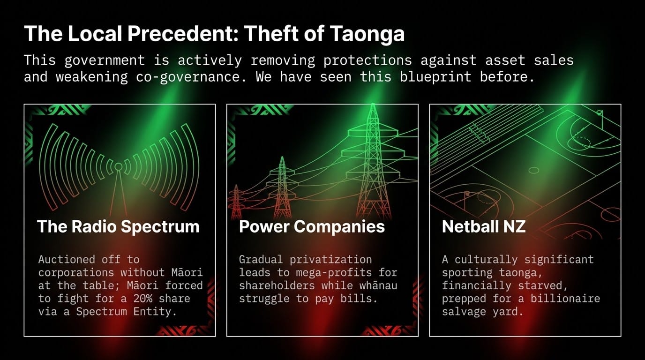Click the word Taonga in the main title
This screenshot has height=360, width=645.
(x=367, y=34)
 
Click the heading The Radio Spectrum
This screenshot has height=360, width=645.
(x=118, y=227)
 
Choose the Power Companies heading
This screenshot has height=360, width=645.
(x=312, y=227)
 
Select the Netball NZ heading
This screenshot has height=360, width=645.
(x=484, y=226)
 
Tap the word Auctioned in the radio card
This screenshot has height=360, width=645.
(x=67, y=260)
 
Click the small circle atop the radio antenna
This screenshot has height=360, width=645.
(x=118, y=166)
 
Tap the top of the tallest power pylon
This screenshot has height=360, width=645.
(x=373, y=104)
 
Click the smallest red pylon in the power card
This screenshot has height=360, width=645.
(x=236, y=202)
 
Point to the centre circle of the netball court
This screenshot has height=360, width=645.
(x=534, y=170)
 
